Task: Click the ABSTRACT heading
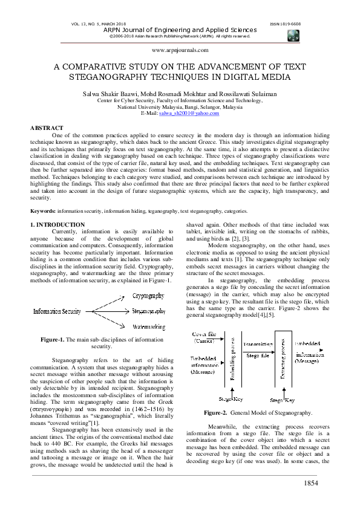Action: pos(47,128)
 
